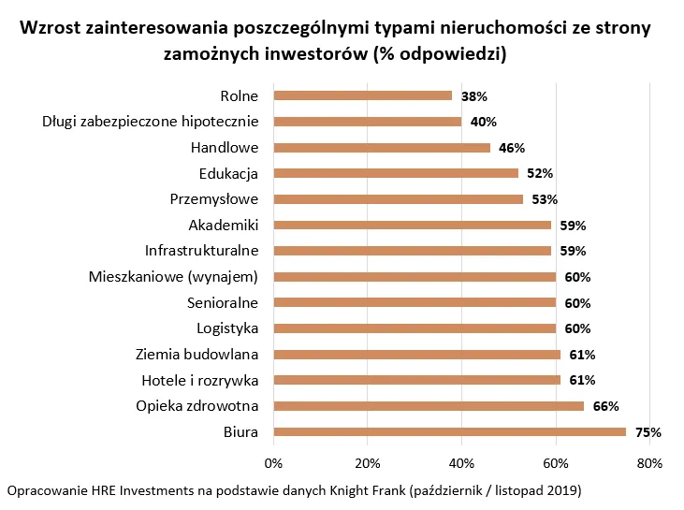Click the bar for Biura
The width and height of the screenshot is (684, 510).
pyautogui.click(x=449, y=431)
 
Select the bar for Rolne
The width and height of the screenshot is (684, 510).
pyautogui.click(x=362, y=95)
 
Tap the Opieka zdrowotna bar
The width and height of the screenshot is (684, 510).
pyautogui.click(x=428, y=406)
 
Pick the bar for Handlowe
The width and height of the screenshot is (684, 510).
pyautogui.click(x=381, y=147)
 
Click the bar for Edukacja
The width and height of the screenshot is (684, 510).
pyautogui.click(x=395, y=173)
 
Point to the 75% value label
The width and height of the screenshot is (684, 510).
pyautogui.click(x=648, y=432)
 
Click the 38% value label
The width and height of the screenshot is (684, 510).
pyautogui.click(x=474, y=96)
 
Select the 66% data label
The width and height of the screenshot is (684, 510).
pyautogui.click(x=606, y=406)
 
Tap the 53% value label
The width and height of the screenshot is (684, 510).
pyautogui.click(x=545, y=199)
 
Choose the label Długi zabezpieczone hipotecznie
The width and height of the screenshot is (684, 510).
pyautogui.click(x=151, y=122)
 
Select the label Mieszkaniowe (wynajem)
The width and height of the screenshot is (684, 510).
pyautogui.click(x=174, y=277)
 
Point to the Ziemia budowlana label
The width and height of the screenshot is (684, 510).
pyautogui.click(x=197, y=355)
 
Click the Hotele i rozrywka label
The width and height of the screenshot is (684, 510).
pyautogui.click(x=199, y=380)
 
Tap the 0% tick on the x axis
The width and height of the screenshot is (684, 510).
pyautogui.click(x=273, y=462)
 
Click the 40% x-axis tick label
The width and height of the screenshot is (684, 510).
pyautogui.click(x=461, y=462)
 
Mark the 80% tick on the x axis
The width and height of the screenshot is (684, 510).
pyautogui.click(x=649, y=462)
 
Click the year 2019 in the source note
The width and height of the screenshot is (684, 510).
pyautogui.click(x=559, y=490)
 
